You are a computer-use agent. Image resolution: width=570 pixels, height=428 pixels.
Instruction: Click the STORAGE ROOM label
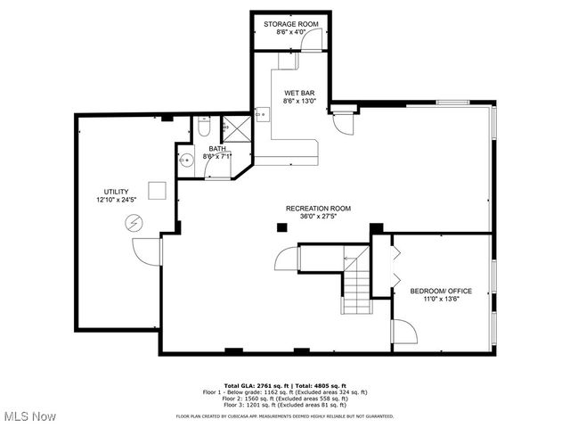click(x=291, y=23)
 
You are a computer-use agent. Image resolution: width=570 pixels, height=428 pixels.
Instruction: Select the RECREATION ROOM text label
click(x=318, y=208)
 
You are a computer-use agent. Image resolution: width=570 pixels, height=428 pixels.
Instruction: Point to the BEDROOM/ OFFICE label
click(x=441, y=291)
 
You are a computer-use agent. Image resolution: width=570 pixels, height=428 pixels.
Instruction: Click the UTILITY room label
click(x=116, y=191)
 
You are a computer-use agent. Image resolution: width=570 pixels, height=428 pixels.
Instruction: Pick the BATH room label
click(x=217, y=149)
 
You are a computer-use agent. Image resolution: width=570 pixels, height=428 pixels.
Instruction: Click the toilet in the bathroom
click(x=204, y=127)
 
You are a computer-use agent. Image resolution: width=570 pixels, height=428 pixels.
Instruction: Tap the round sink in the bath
click(x=187, y=160)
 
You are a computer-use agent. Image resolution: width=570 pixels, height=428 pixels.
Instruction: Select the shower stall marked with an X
click(x=234, y=128)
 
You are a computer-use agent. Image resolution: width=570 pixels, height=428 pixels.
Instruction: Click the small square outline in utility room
click(x=157, y=190)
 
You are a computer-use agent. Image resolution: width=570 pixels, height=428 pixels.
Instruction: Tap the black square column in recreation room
click(x=282, y=227)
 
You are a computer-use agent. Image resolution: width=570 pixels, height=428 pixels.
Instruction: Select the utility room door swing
click(x=146, y=251)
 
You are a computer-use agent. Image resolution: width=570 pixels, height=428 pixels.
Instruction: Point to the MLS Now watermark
click(x=28, y=416)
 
